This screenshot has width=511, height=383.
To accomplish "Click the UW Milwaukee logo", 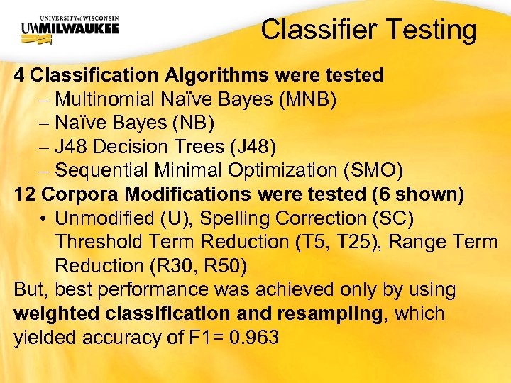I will (x=70, y=29).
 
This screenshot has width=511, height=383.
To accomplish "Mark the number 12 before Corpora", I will (x=26, y=194).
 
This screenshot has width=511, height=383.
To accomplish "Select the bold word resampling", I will (x=327, y=313).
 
